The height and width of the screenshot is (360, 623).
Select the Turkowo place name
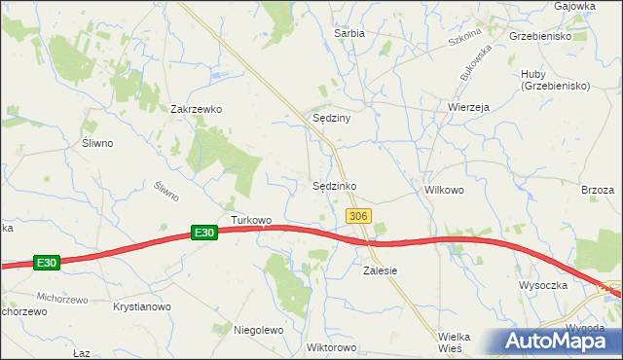point(251,219)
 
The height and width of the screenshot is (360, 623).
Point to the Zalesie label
point(381,270)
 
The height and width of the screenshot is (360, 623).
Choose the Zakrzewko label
point(197,109)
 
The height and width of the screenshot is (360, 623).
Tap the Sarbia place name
point(349,32)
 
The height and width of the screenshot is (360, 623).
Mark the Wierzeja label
point(468,107)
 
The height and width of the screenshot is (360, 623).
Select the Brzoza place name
point(598,191)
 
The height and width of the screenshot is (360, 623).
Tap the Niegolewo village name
point(258,330)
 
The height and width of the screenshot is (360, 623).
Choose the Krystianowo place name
point(142,306)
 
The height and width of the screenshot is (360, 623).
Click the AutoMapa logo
point(555,341)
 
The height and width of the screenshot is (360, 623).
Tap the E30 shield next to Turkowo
point(202,233)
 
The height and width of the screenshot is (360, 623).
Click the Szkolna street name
point(466,42)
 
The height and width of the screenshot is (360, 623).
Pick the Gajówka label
point(574,6)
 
